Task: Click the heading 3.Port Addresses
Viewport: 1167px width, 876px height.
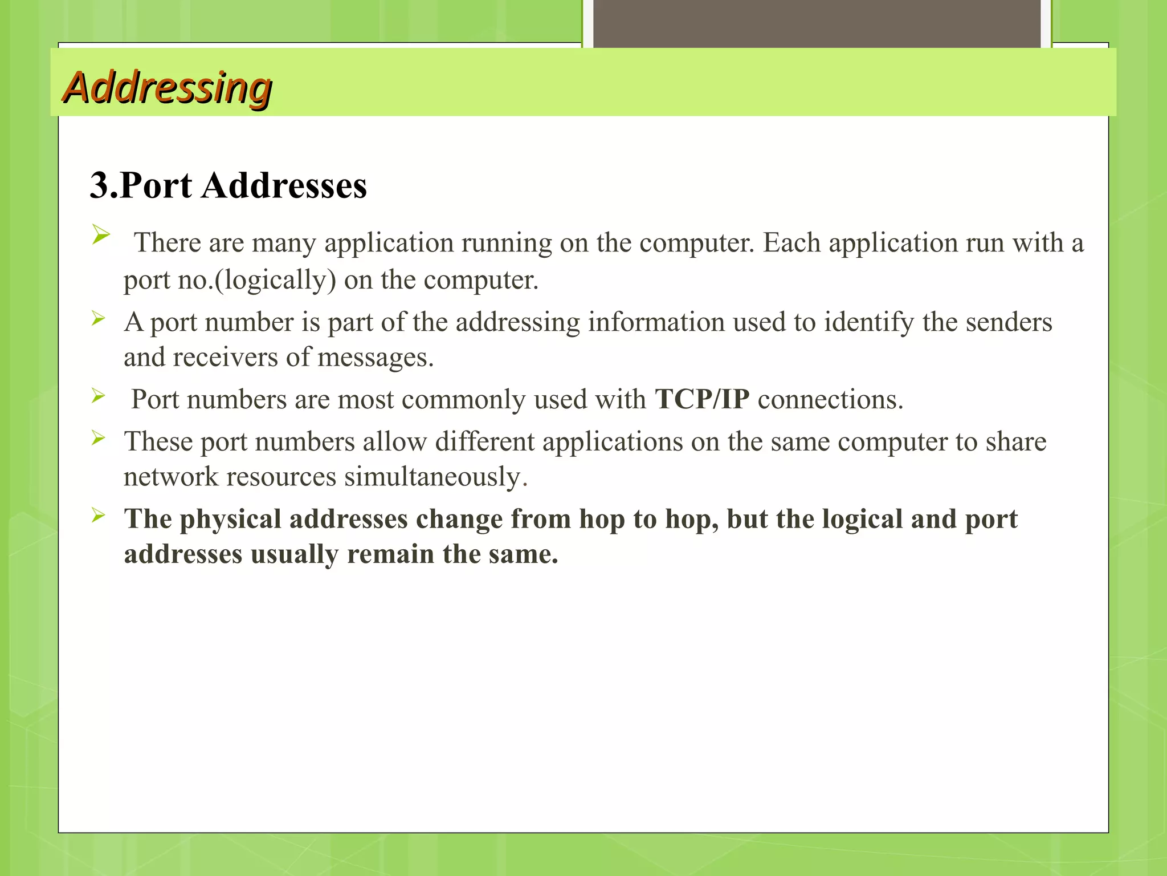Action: pos(228,185)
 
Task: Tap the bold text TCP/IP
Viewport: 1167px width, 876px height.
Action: pos(702,399)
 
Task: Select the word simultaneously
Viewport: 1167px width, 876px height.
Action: pos(432,477)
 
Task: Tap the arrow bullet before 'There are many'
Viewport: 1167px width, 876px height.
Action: pos(100,234)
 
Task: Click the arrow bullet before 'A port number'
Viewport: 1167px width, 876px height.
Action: pos(99,318)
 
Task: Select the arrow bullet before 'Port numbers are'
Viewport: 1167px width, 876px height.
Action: pos(99,395)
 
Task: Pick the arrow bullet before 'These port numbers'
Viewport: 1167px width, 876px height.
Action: pos(99,438)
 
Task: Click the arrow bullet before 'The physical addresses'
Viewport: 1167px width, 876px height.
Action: pos(99,516)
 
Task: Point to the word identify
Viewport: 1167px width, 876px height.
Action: pos(868,322)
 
